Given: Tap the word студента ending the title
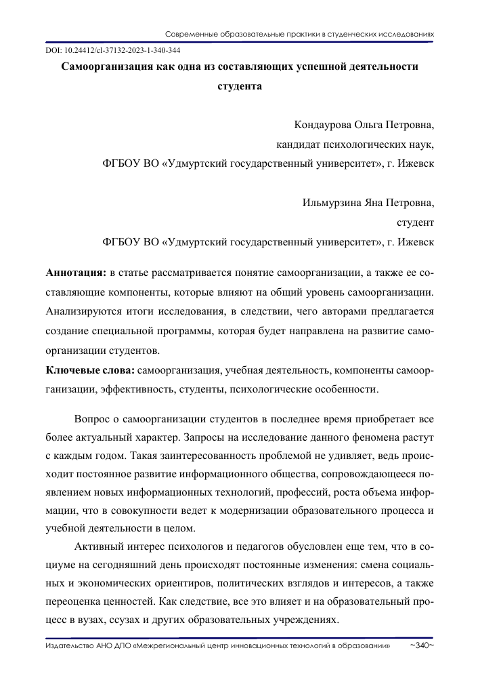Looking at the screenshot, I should click(x=239, y=86).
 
